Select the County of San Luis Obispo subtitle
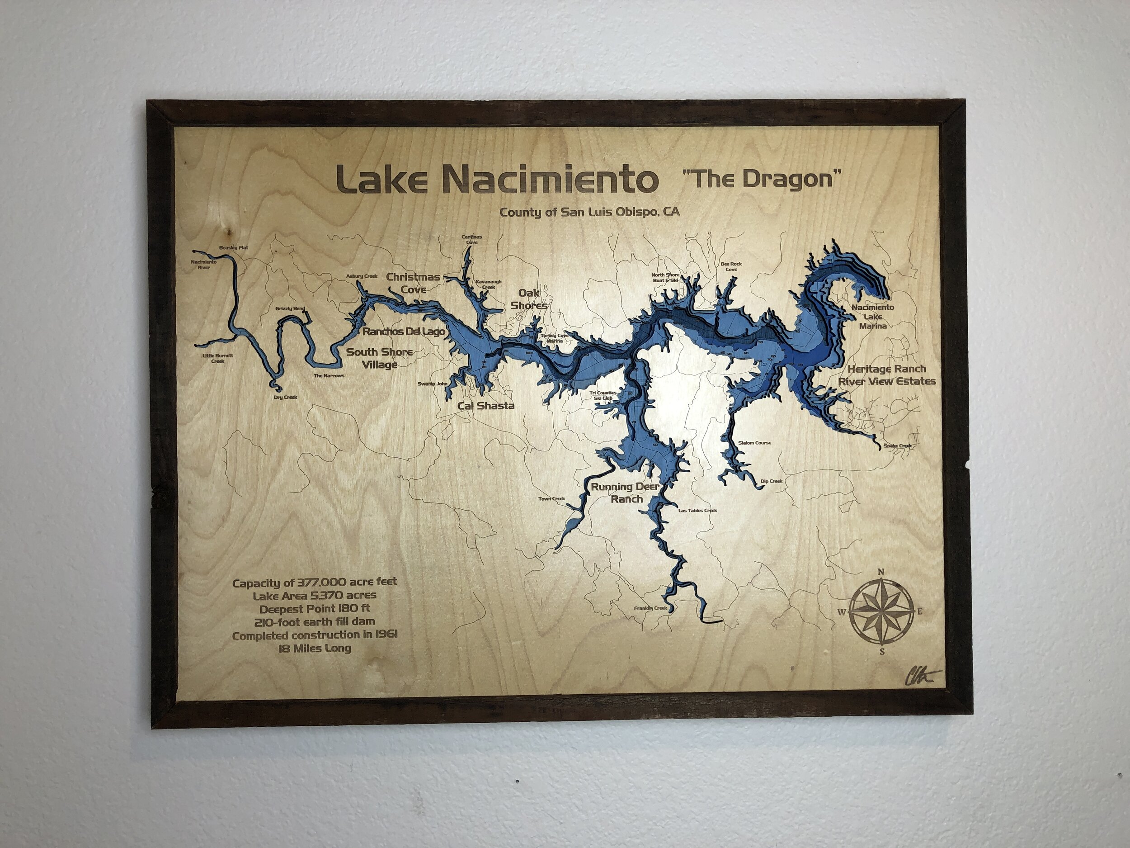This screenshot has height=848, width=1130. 589,212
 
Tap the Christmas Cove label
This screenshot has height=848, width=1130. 413,283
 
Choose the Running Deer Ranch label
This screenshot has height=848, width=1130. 625,493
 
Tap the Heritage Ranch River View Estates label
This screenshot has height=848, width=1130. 887,374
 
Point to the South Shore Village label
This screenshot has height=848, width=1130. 380,358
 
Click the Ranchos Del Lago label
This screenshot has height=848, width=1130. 404,331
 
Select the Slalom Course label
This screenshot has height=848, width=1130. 754,443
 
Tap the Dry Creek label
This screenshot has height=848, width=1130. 285,397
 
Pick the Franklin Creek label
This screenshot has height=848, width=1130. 650,608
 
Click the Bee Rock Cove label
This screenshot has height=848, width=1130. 731,267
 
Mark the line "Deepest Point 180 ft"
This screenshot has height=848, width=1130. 315,609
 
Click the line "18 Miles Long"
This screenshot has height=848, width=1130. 315,649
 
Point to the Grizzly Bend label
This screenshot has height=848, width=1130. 290,308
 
